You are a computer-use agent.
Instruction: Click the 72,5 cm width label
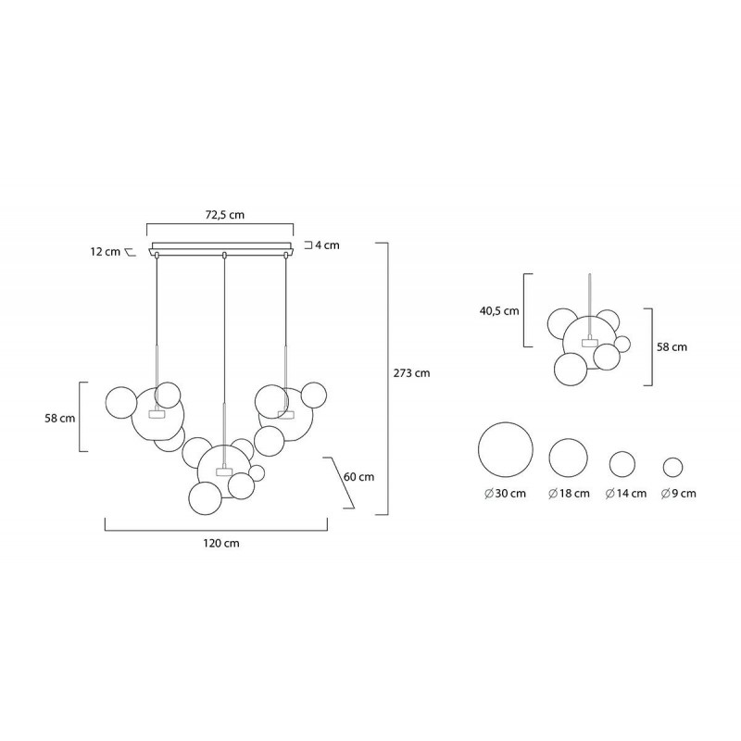225,215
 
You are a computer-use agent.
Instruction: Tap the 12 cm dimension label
106,251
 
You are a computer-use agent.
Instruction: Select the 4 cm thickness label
327,245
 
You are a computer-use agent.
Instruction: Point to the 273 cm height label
411,373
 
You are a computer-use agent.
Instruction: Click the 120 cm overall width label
221,543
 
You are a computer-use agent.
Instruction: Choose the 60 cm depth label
358,476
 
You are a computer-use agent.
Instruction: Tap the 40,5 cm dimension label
499,311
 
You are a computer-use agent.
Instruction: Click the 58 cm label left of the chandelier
60,419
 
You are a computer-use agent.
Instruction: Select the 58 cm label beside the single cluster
672,346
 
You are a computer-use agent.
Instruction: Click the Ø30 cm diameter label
505,494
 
